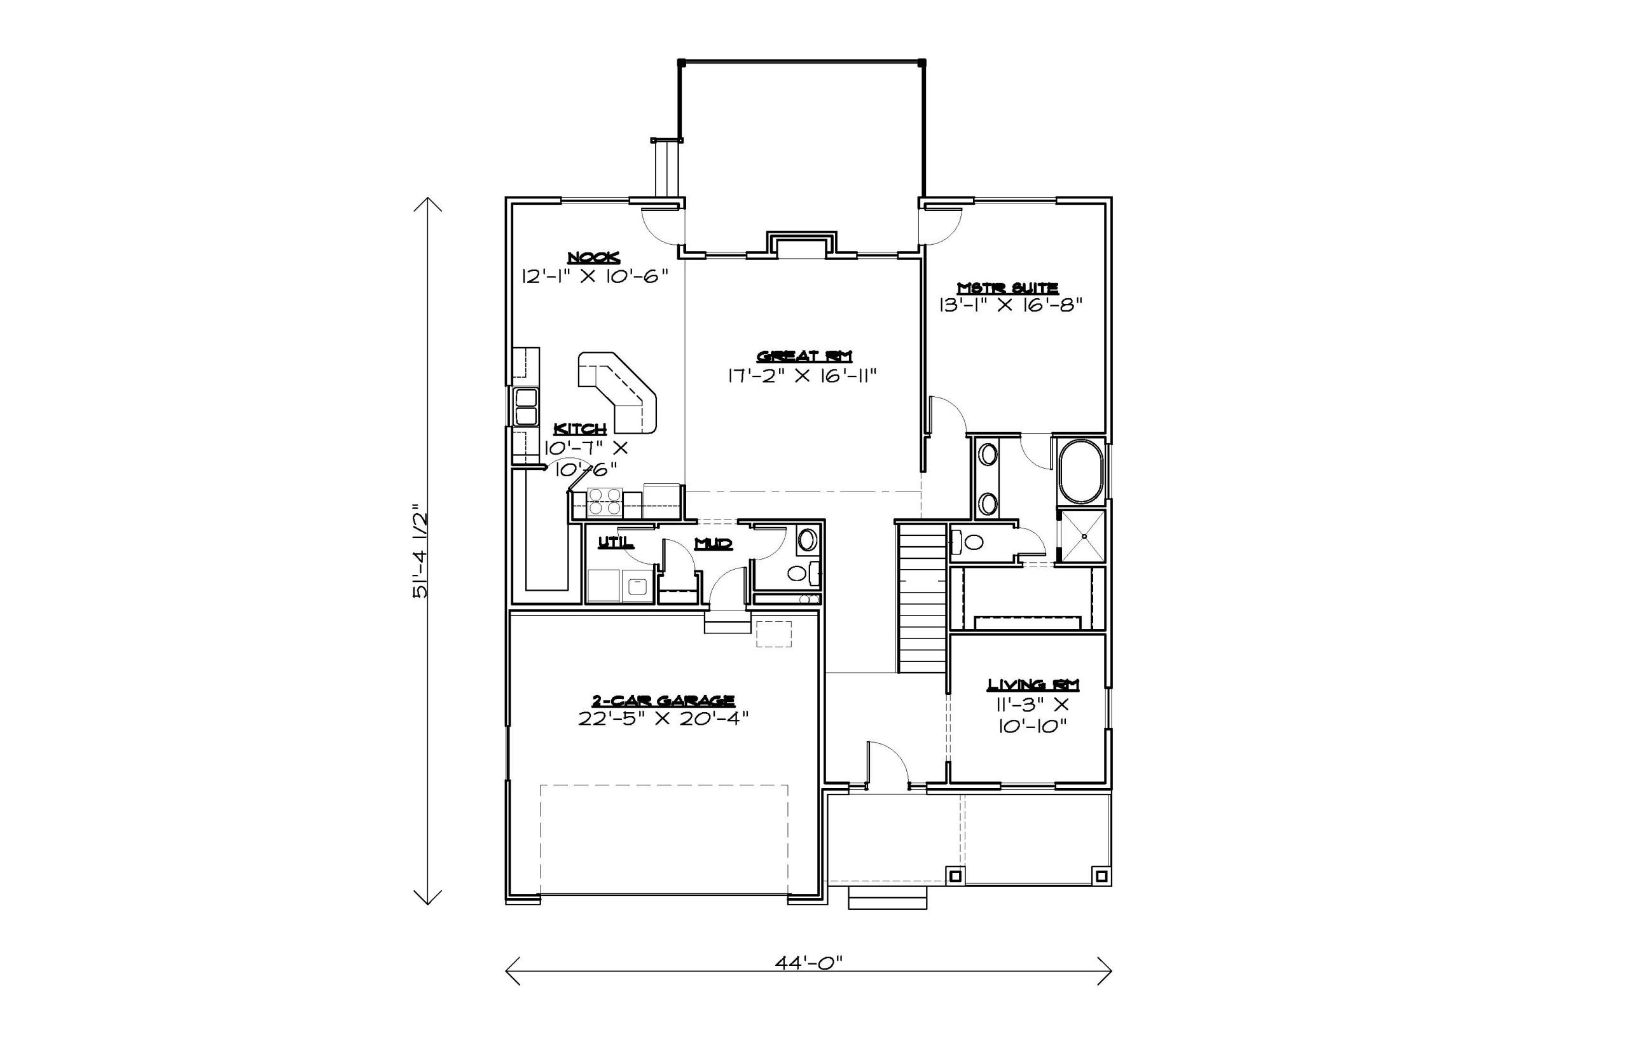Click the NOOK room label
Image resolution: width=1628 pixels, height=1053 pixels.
[593, 257]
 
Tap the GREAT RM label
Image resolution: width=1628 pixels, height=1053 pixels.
[804, 355]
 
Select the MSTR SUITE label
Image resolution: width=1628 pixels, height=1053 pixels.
[1008, 288]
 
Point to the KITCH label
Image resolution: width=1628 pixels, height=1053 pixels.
[580, 429]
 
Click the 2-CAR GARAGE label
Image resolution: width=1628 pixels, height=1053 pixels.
[663, 700]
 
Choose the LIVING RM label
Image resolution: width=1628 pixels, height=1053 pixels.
[1033, 684]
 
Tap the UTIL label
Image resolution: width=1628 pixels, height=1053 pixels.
[616, 543]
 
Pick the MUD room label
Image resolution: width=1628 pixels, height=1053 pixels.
[714, 544]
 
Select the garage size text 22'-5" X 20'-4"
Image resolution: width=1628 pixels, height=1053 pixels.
[663, 719]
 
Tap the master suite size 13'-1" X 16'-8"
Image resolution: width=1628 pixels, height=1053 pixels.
[1011, 305]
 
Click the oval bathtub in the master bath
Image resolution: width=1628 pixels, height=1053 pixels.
[1081, 472]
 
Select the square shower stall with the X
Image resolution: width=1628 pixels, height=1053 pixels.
[1082, 537]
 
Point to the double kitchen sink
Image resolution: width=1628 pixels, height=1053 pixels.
[526, 407]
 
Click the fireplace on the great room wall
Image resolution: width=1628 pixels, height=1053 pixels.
[802, 245]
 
